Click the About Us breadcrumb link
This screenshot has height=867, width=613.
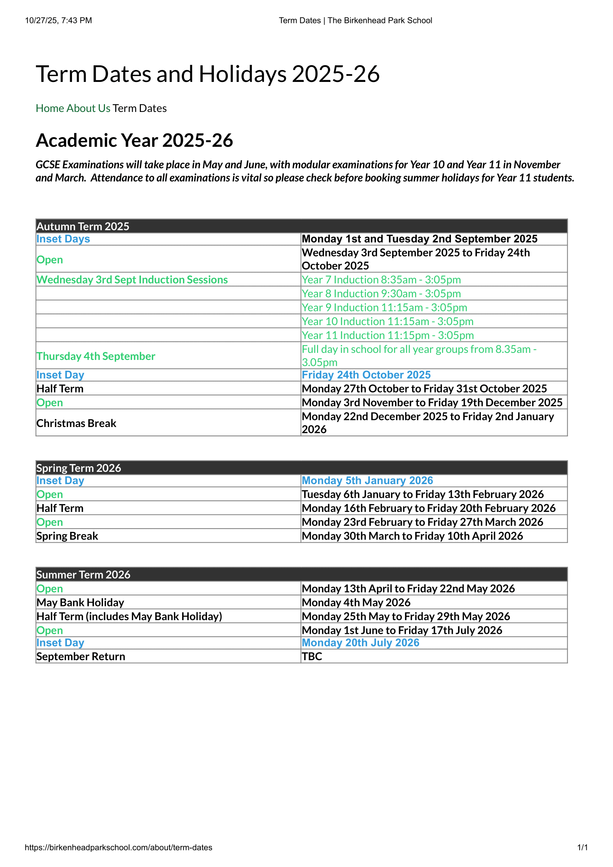(88, 108)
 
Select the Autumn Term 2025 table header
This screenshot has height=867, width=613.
(83, 226)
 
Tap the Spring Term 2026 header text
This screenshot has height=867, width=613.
(79, 468)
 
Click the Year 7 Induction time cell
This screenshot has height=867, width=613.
(381, 280)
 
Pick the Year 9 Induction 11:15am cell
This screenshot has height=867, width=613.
(384, 307)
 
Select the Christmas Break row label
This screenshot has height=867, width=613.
(76, 423)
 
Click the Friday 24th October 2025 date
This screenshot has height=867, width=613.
(366, 375)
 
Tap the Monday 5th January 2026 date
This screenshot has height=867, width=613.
(367, 481)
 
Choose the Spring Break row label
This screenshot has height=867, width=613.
(67, 536)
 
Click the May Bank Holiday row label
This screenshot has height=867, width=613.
(80, 602)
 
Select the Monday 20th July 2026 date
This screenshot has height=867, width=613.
(360, 643)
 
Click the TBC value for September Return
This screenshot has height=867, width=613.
(312, 656)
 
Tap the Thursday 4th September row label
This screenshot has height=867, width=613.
(96, 356)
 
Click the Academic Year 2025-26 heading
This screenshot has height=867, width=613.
(135, 140)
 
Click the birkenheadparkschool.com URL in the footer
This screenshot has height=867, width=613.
(119, 847)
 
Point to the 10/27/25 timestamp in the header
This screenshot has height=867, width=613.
(59, 20)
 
